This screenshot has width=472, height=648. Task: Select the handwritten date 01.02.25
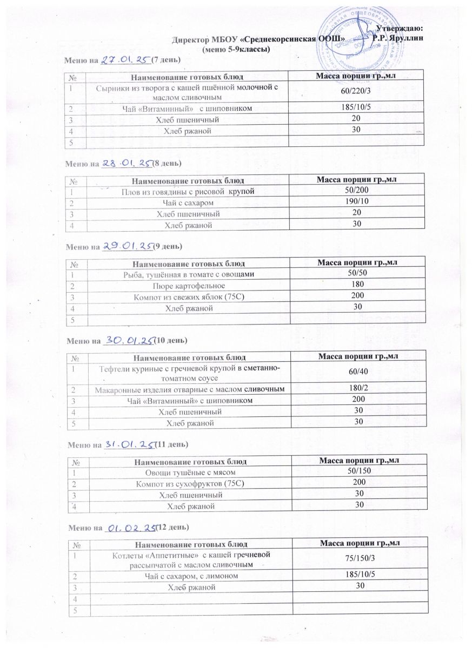tap(130, 526)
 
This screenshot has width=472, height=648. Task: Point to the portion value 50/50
tap(356, 274)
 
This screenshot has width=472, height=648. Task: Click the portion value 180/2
tap(357, 389)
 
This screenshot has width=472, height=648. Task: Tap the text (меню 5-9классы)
tap(235, 49)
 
